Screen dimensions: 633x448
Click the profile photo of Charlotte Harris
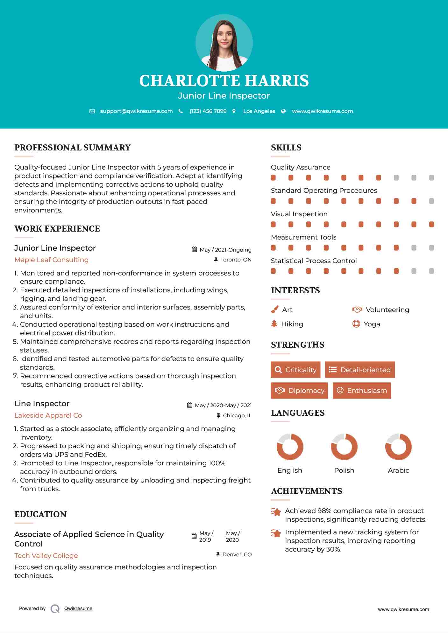224,43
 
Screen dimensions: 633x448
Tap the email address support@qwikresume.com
136,111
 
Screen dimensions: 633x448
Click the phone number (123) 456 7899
208,111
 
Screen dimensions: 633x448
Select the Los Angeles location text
259,111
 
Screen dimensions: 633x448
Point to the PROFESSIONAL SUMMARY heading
73,148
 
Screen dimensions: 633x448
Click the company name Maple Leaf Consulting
52,260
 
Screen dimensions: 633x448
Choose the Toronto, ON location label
236,260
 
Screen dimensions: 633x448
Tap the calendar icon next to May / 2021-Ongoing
194,249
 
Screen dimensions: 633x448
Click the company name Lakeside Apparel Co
48,415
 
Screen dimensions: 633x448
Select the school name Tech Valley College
46,556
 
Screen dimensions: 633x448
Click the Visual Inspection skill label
299,214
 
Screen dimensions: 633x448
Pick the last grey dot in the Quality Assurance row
431,178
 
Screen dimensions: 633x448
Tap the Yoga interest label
372,324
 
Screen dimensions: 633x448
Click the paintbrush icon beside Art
274,310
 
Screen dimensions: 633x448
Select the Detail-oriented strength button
360,370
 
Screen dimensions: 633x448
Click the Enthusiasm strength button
362,390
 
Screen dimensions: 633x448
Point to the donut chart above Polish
344,447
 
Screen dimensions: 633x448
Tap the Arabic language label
398,470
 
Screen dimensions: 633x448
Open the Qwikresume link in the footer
78,609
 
